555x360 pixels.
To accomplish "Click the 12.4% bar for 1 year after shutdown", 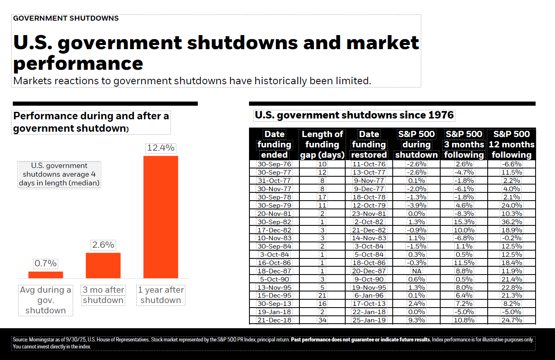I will [x=161, y=217].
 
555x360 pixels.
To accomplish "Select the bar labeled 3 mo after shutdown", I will [x=103, y=265].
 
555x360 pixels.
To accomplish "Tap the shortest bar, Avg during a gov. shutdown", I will [x=46, y=275].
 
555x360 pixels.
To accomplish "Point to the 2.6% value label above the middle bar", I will [x=103, y=245].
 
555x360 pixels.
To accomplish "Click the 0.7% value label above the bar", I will [x=46, y=263].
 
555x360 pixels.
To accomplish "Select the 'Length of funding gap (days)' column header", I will [x=322, y=144].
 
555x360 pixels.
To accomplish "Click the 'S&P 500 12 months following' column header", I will [x=511, y=144].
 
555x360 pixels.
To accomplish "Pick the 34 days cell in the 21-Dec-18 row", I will [x=322, y=320].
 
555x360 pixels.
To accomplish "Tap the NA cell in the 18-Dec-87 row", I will [x=416, y=271].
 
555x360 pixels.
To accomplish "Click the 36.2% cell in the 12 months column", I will [x=511, y=222].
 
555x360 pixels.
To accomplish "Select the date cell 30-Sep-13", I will [x=274, y=303].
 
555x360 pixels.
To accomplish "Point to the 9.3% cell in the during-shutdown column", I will [x=416, y=320].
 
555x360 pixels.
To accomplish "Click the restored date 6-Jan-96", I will [x=369, y=295].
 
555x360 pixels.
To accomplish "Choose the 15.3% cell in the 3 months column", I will [x=464, y=222].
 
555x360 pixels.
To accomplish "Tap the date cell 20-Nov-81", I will [x=274, y=213].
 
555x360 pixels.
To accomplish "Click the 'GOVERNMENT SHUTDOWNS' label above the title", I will [x=66, y=18].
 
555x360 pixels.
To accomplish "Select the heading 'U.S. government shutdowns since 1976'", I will [x=354, y=115].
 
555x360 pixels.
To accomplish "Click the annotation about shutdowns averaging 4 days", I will [x=59, y=174].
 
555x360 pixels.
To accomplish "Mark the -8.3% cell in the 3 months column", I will [x=464, y=213].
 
